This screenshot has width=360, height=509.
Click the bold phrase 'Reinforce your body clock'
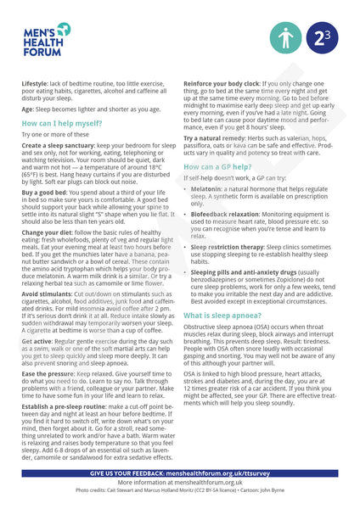[x=227, y=86]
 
